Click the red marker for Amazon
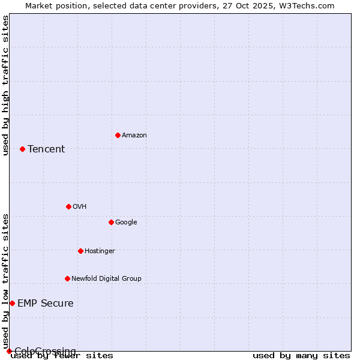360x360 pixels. click(118, 135)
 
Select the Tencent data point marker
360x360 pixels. click(22, 149)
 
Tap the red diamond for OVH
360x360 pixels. click(68, 206)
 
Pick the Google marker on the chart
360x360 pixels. click(111, 222)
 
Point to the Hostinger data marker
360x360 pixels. click(80, 251)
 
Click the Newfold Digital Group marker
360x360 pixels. click(67, 278)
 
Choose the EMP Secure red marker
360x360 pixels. click(12, 303)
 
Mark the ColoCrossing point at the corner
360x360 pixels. click(9, 351)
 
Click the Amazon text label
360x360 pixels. click(134, 136)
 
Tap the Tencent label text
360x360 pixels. click(46, 149)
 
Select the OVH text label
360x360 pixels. click(79, 207)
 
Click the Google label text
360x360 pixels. click(126, 223)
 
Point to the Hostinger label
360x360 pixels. click(100, 251)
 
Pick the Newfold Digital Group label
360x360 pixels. click(106, 279)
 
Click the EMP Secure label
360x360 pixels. click(46, 304)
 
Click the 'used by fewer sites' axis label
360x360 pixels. click(62, 355)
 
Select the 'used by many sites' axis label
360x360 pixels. click(301, 355)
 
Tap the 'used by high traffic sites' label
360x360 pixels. click(6, 85)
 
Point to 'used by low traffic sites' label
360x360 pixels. click(6, 281)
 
